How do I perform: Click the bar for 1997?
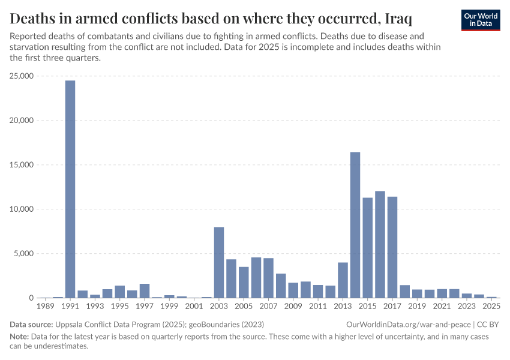(145, 291)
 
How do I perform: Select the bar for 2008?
(281, 286)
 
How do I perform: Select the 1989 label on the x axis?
(46, 307)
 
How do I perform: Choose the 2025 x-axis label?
(491, 307)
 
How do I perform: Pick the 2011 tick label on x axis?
(318, 307)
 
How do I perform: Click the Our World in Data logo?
(481, 20)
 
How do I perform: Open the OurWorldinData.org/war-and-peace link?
(409, 325)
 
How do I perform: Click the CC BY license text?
(488, 325)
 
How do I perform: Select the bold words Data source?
(30, 325)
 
